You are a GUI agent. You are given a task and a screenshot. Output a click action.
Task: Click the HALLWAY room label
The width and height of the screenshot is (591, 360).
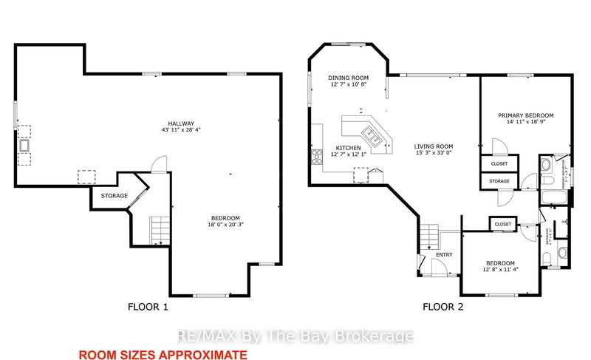pyautogui.click(x=180, y=123)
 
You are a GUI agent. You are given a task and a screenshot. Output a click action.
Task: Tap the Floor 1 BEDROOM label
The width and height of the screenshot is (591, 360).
pyautogui.click(x=225, y=217)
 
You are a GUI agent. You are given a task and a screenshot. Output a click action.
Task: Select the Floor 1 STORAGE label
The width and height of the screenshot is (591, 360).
pyautogui.click(x=115, y=196)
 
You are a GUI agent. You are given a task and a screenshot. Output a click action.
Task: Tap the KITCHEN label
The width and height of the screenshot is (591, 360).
pyautogui.click(x=347, y=148)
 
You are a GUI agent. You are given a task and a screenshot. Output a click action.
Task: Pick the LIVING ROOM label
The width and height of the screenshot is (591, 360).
pyautogui.click(x=434, y=146)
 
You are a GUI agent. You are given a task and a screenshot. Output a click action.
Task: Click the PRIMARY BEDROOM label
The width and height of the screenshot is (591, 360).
pyautogui.click(x=525, y=115)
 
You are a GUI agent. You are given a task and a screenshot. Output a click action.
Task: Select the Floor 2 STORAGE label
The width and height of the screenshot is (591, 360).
pyautogui.click(x=499, y=180)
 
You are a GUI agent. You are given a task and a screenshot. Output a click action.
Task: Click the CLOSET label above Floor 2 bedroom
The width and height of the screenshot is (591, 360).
pyautogui.click(x=504, y=223)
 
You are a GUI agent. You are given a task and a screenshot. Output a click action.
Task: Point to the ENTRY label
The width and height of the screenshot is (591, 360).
pyautogui.click(x=444, y=254)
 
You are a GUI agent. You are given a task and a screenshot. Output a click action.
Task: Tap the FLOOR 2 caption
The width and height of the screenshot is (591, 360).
pyautogui.click(x=443, y=306)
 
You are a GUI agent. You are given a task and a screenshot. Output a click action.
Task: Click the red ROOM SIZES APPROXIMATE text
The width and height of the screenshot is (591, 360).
pyautogui.click(x=162, y=355)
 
